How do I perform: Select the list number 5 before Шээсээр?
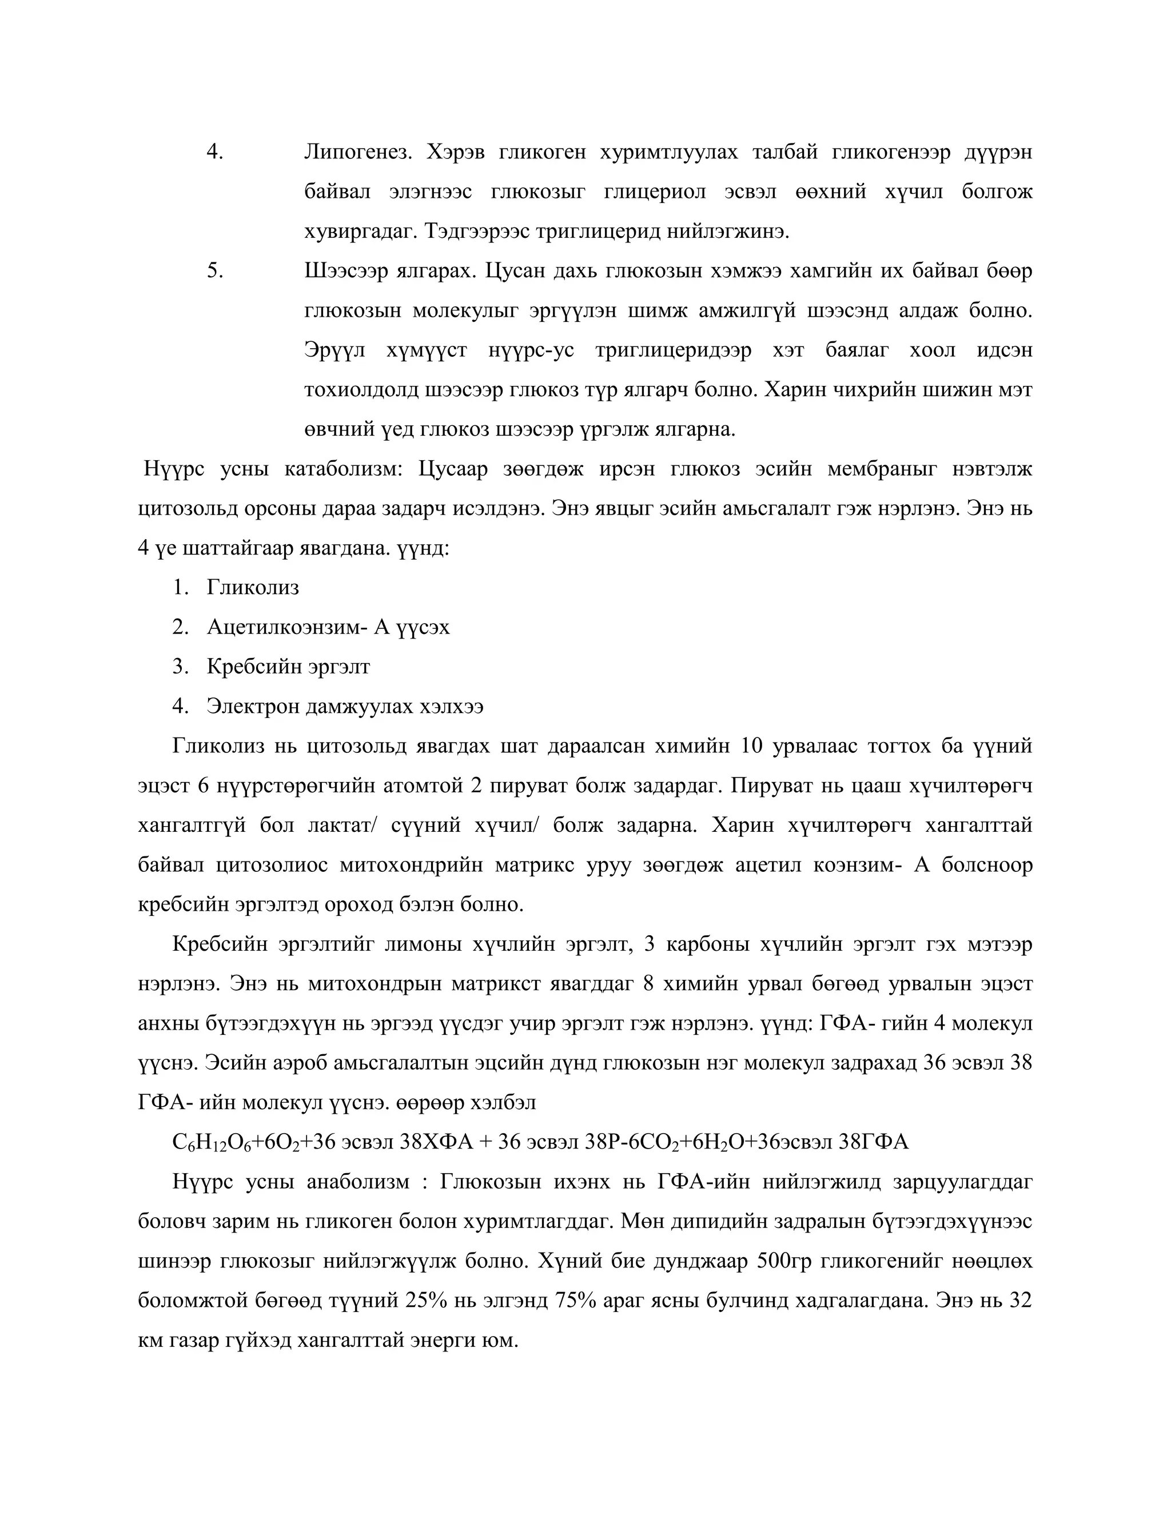(215, 270)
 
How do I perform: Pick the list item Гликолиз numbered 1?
(253, 588)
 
